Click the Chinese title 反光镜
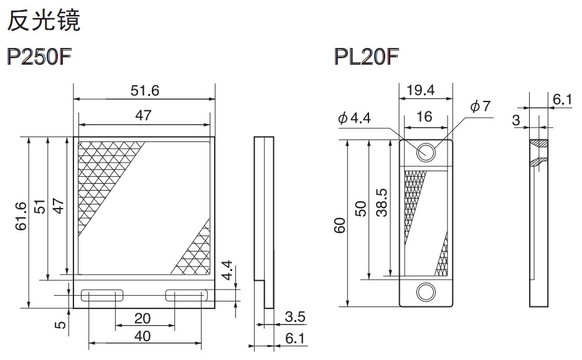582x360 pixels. tap(44, 20)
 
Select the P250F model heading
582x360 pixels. tap(39, 57)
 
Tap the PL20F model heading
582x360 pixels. tap(367, 57)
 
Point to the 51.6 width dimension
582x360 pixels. tap(145, 90)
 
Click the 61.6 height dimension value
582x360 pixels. tap(21, 216)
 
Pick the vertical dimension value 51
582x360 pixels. tap(40, 207)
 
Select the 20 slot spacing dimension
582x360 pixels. tap(143, 318)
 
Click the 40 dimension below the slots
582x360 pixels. tap(143, 336)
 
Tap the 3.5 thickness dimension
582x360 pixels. tap(295, 317)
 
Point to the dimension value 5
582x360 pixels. tap(60, 325)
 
